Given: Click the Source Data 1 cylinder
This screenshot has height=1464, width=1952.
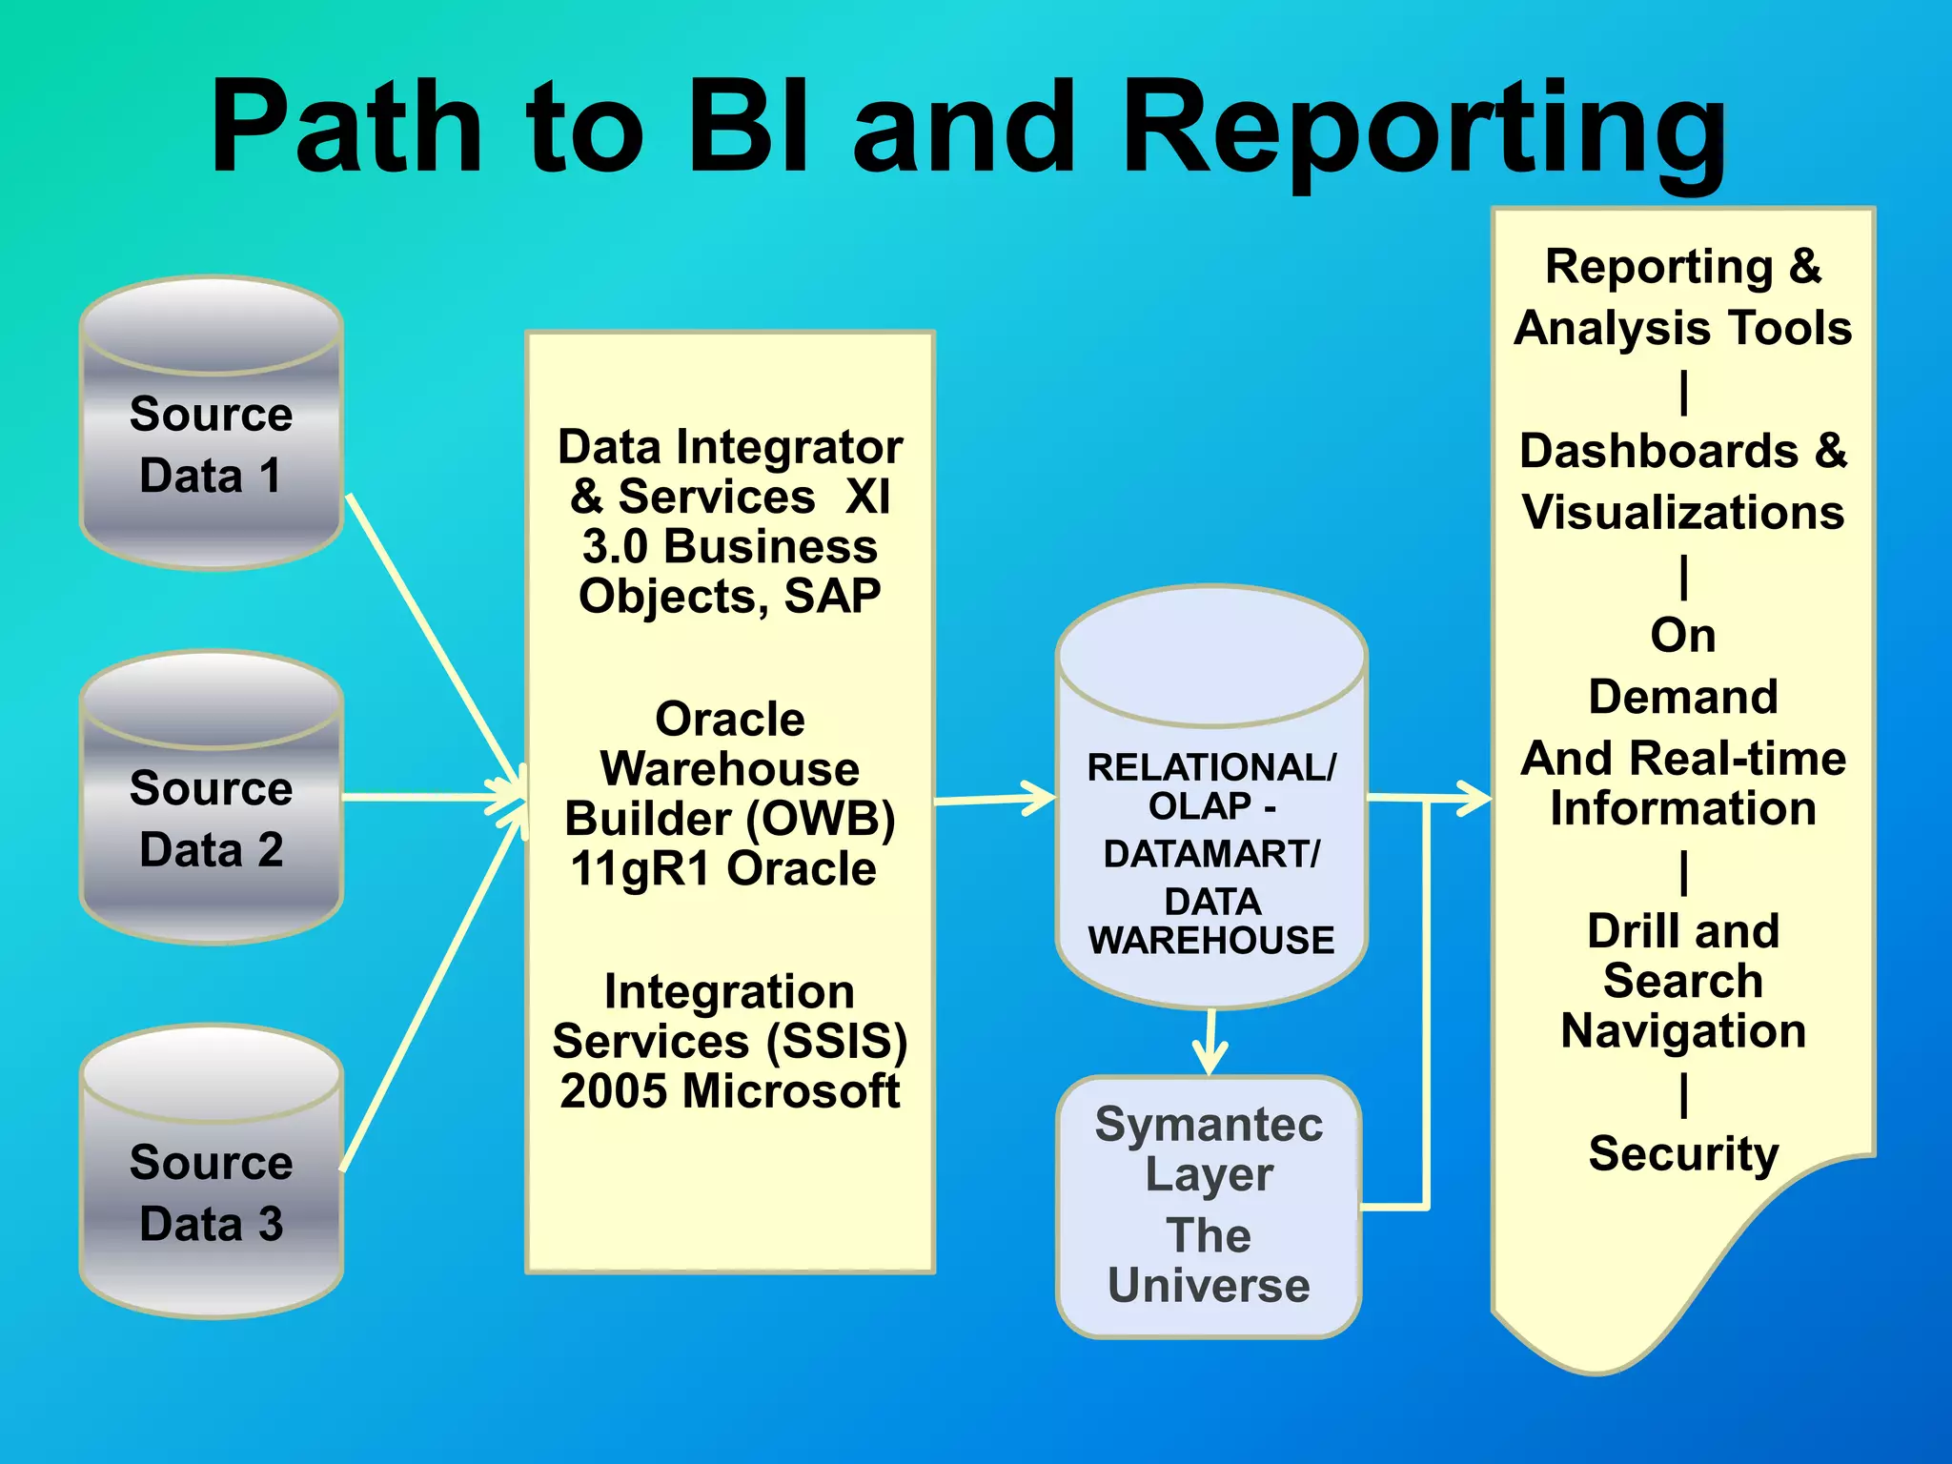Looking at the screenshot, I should (x=212, y=424).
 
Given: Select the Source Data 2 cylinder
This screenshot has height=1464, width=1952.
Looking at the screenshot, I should (x=212, y=799).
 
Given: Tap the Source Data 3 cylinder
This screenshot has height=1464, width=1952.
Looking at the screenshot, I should (x=212, y=1173).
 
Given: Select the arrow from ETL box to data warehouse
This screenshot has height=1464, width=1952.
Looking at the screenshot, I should (x=996, y=799).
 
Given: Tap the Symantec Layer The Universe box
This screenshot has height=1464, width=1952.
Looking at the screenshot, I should (x=1209, y=1207).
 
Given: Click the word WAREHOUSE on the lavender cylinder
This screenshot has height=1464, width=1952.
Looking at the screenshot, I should (x=1211, y=941).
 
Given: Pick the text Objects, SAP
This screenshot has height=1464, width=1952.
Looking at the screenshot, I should (x=730, y=597).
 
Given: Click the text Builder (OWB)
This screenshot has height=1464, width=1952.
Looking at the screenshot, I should (x=730, y=819).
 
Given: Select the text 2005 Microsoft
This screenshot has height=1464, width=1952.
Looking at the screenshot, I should (x=730, y=1091).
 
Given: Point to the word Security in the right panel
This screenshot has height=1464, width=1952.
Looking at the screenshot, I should (x=1683, y=1154).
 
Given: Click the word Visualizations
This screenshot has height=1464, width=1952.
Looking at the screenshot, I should (x=1683, y=513).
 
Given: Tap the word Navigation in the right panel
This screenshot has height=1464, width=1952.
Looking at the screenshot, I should (x=1683, y=1031).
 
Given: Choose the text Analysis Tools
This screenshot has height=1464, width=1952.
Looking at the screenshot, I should (x=1683, y=329).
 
